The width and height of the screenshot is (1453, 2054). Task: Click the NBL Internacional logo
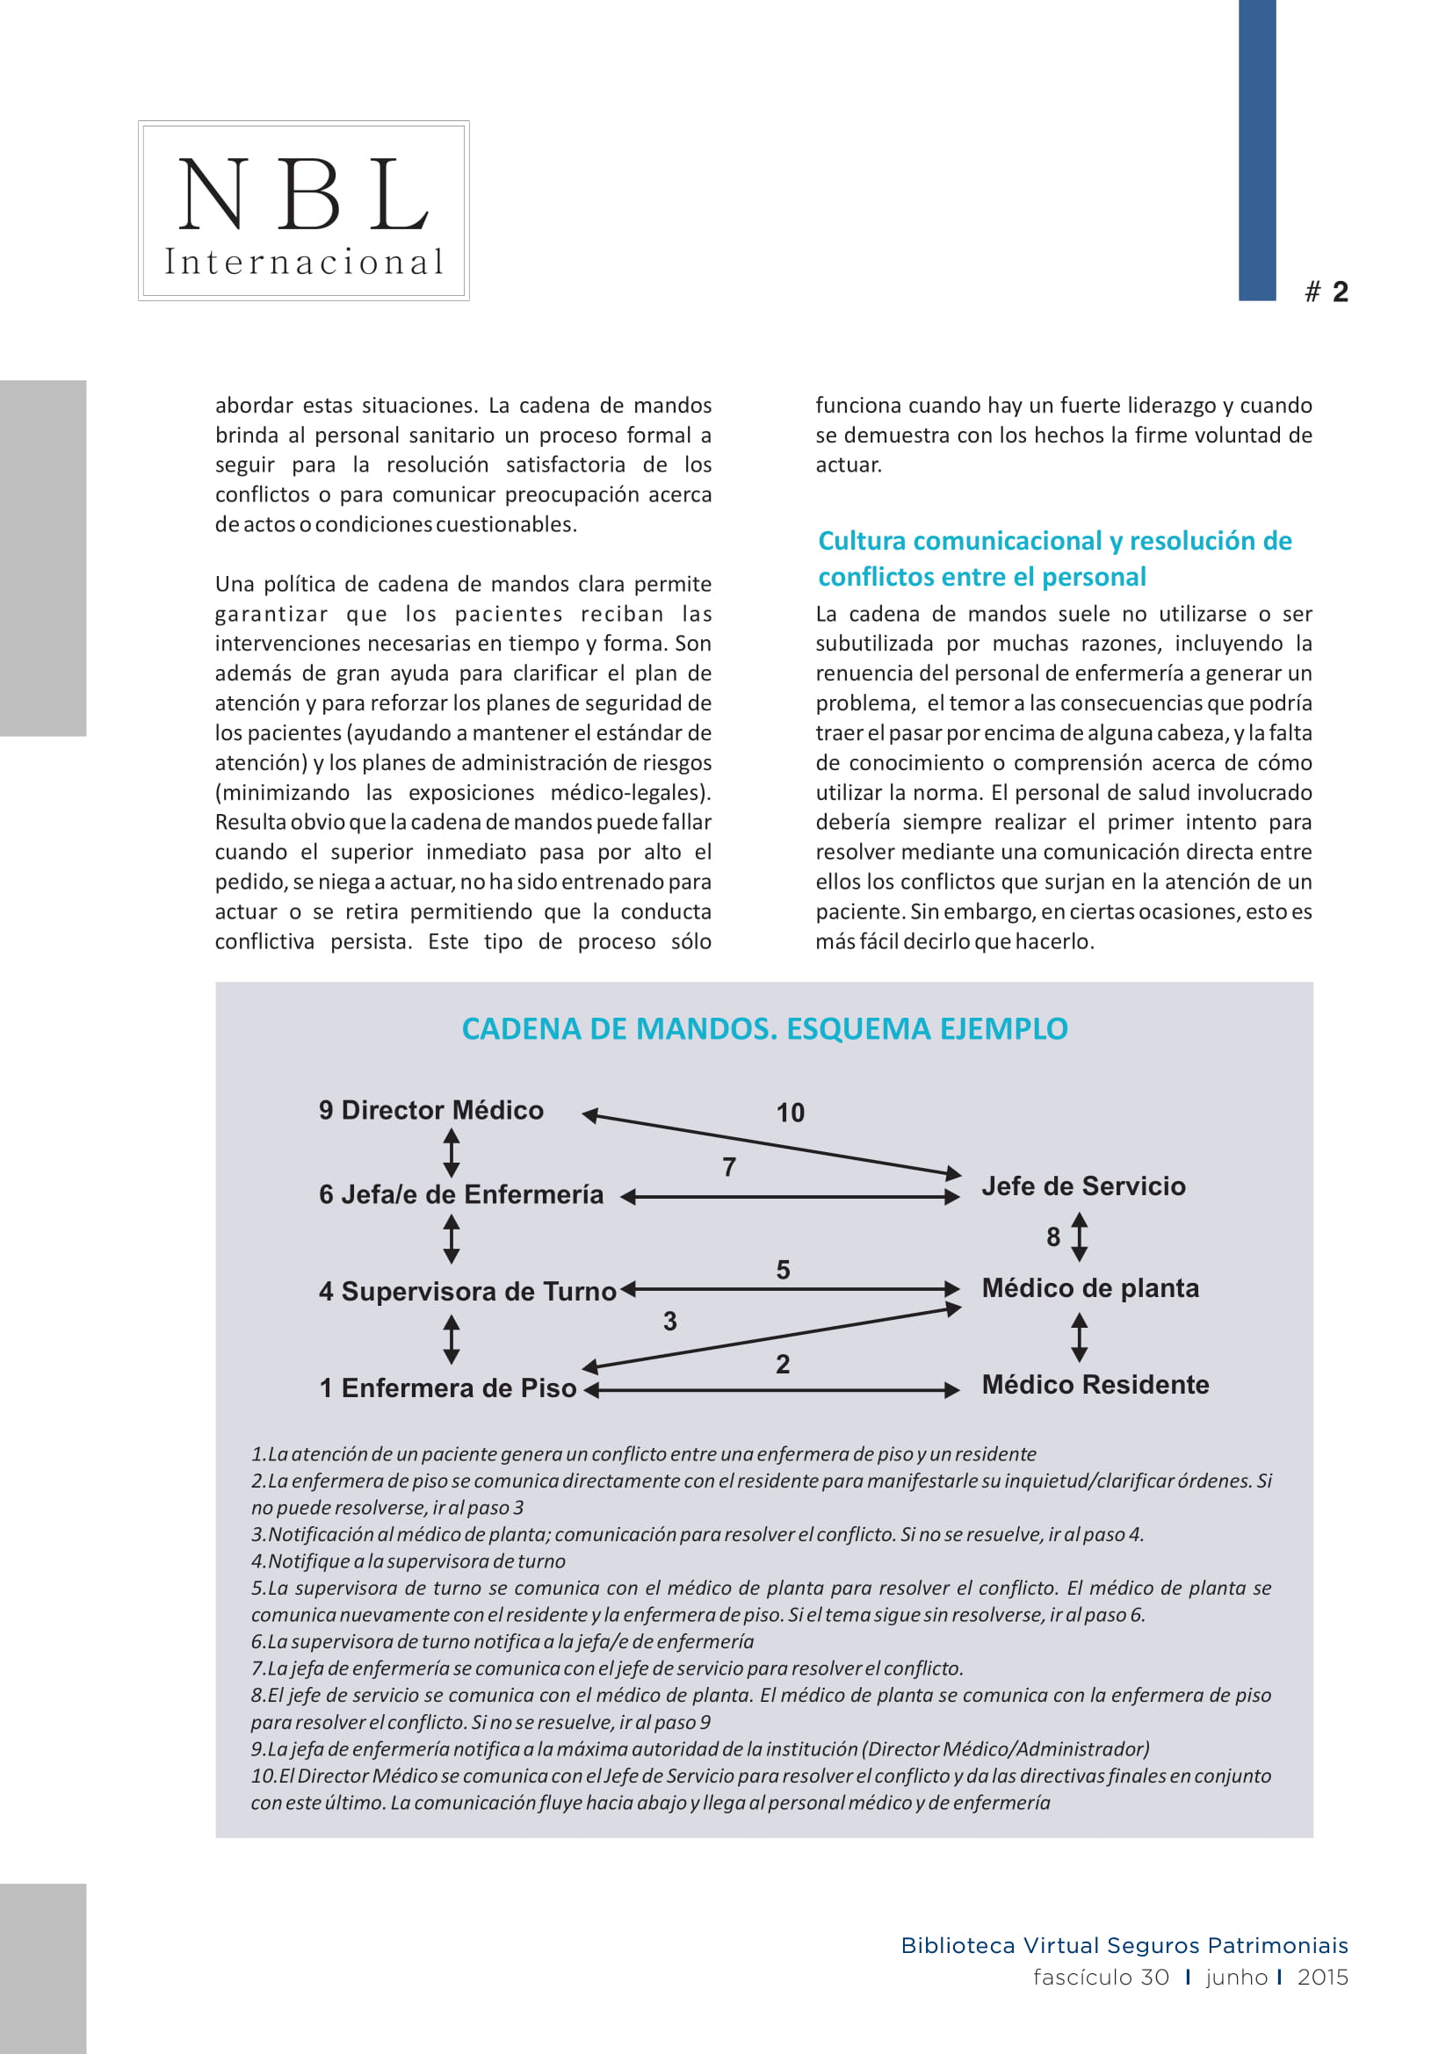(303, 211)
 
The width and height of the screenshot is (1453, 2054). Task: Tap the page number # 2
(1326, 292)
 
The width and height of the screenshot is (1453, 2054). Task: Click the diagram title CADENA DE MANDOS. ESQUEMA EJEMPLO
(764, 1029)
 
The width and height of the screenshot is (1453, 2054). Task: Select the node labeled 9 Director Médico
(431, 1110)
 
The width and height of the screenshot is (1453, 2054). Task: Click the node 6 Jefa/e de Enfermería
(461, 1194)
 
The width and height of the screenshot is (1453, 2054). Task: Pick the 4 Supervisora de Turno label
(467, 1291)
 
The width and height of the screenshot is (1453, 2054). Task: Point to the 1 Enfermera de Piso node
(447, 1387)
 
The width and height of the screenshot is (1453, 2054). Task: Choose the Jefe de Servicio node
(1082, 1186)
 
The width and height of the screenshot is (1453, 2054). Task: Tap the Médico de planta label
(1089, 1288)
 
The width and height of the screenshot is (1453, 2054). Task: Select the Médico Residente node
(1095, 1385)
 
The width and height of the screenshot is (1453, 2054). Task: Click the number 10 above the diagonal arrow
(790, 1113)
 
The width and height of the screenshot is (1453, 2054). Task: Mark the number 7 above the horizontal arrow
(729, 1166)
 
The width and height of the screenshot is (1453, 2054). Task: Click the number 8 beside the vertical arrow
(1053, 1237)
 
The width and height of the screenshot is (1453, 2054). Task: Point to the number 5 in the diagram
(783, 1270)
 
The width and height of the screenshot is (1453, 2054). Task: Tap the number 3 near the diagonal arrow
(669, 1322)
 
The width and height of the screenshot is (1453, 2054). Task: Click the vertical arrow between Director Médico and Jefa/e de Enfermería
(452, 1152)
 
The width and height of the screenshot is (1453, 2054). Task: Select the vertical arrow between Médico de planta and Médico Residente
(1080, 1337)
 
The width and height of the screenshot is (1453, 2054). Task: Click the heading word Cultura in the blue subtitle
(863, 541)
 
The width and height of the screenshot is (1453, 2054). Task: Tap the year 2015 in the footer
(1322, 1977)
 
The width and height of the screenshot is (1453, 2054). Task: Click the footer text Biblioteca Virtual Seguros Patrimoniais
(1124, 1946)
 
